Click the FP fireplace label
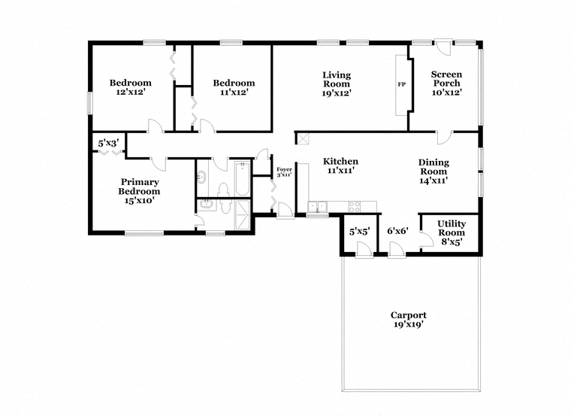pos(402,84)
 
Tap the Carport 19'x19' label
pos(408,320)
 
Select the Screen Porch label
pos(446,84)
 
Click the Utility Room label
pos(452,232)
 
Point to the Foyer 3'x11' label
pos(284,172)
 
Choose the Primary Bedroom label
pos(140,191)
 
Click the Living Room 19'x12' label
pos(337,84)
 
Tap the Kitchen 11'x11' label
pos(340,165)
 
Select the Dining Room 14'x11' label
pos(434,172)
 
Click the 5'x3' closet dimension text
pos(108,143)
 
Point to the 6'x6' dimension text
pos(397,231)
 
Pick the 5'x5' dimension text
pos(359,232)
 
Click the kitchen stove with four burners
pos(355,207)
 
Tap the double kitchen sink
pos(318,207)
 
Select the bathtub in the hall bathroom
pos(242,179)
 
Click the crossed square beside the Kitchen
pos(303,139)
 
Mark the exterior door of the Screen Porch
pos(443,47)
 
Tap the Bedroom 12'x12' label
pos(131,87)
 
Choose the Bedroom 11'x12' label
pos(234,87)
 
